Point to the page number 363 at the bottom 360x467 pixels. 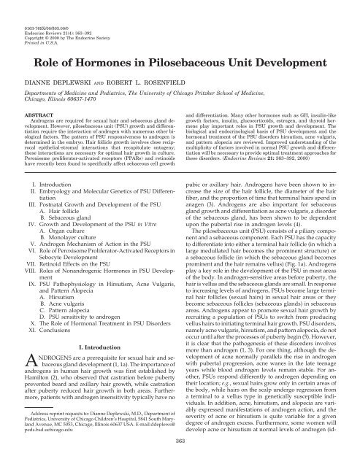pos(180,462)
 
